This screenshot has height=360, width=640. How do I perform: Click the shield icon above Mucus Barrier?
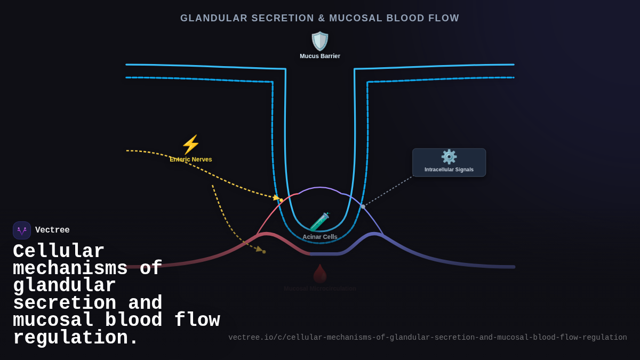pyautogui.click(x=320, y=41)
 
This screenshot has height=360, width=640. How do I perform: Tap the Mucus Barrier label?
pyautogui.click(x=320, y=56)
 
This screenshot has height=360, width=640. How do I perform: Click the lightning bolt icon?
pyautogui.click(x=190, y=145)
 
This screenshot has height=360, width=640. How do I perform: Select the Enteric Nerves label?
pyautogui.click(x=190, y=159)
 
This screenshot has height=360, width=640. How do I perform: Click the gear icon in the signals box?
pyautogui.click(x=449, y=157)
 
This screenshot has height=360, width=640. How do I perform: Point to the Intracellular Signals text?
pyautogui.click(x=449, y=170)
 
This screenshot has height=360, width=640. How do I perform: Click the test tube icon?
pyautogui.click(x=319, y=222)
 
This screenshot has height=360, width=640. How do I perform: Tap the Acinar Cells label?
pyautogui.click(x=320, y=237)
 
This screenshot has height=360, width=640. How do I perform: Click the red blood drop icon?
pyautogui.click(x=320, y=274)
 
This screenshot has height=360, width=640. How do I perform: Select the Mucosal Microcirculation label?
pyautogui.click(x=320, y=289)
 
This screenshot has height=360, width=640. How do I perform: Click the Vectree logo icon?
pyautogui.click(x=22, y=230)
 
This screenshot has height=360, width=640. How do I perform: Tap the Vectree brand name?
pyautogui.click(x=52, y=230)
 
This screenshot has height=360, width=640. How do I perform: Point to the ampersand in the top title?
pyautogui.click(x=322, y=18)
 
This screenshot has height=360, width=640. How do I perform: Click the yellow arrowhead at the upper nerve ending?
pyautogui.click(x=276, y=198)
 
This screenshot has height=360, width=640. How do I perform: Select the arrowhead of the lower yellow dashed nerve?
pyautogui.click(x=259, y=249)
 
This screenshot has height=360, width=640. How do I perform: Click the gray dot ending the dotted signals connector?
pyautogui.click(x=363, y=206)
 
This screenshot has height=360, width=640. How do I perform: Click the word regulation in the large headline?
pyautogui.click(x=75, y=338)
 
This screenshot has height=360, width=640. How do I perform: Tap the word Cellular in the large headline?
pyautogui.click(x=59, y=251)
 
